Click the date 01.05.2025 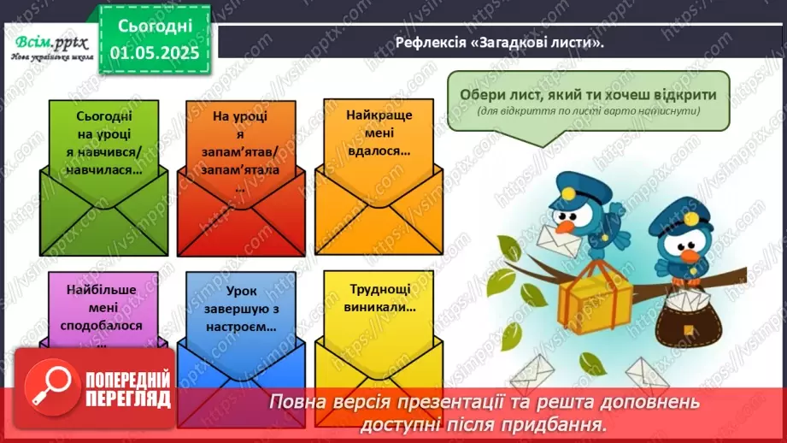[x=155, y=51]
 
